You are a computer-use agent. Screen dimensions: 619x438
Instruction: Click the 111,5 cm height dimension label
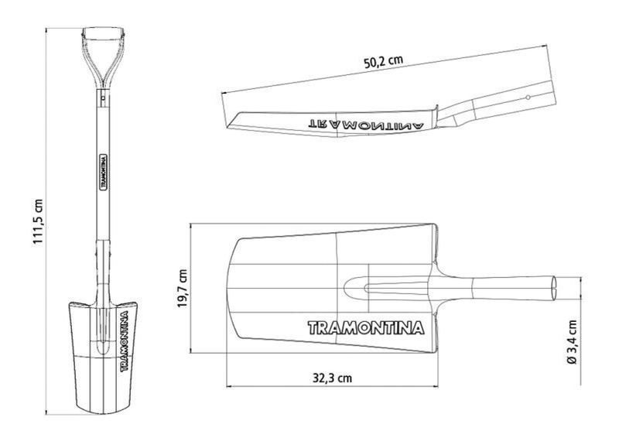coord(38,221)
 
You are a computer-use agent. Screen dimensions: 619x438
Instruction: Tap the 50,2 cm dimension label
coord(383,62)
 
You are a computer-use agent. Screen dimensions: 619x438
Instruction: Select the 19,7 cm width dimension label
coord(183,289)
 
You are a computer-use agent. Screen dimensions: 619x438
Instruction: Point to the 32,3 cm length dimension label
coord(332,378)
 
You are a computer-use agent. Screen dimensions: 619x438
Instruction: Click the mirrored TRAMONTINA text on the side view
coord(365,125)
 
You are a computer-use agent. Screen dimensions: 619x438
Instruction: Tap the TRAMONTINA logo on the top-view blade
coord(366,328)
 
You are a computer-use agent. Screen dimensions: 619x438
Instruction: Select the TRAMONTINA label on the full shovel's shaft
coord(104,173)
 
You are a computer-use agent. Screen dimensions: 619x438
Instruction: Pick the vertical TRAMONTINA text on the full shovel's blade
coord(124,341)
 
